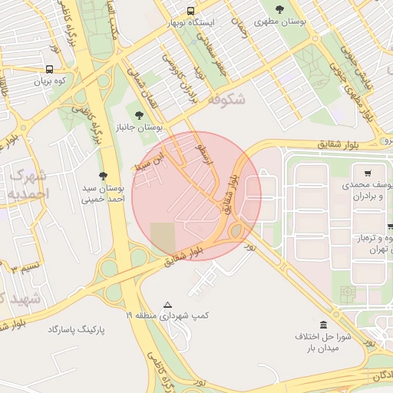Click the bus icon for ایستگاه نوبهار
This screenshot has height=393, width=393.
coord(190,11)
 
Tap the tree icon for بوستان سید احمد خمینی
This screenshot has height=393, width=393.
coord(104,176)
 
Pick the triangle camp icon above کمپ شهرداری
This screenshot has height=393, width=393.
coord(168,305)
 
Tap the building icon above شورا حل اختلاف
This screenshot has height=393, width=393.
coord(323,324)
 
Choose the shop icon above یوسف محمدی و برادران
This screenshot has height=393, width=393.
coord(368,173)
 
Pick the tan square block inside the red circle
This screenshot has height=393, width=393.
coord(162,236)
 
